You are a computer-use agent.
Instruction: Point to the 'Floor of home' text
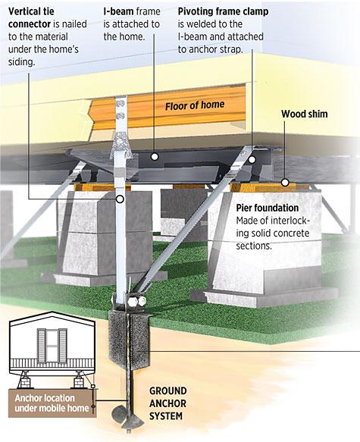click(194, 106)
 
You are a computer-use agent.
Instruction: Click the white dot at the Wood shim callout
click(286, 182)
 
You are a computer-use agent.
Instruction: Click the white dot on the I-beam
click(155, 158)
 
